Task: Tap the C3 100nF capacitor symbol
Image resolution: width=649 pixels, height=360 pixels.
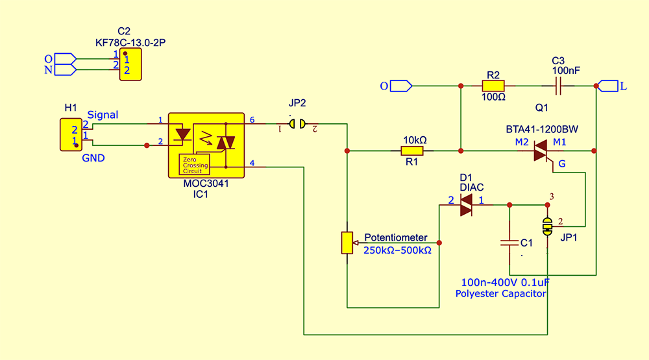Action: point(558,85)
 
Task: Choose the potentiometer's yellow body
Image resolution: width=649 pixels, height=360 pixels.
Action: point(347,243)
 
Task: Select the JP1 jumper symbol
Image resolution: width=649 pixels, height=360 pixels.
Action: point(548,226)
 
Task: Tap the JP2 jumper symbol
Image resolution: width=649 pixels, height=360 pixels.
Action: point(297,123)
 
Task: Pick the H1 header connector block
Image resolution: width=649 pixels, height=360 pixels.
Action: point(69,135)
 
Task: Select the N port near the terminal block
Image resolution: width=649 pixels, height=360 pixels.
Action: point(64,69)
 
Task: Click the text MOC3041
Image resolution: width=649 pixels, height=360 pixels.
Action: point(206,184)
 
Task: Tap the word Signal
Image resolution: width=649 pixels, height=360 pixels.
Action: point(103,115)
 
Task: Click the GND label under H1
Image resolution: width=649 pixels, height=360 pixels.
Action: point(93,157)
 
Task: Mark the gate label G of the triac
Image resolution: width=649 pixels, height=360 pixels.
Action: point(562,165)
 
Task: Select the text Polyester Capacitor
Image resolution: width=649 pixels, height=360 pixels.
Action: point(500,294)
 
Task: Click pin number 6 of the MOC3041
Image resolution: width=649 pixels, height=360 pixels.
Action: point(252,120)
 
